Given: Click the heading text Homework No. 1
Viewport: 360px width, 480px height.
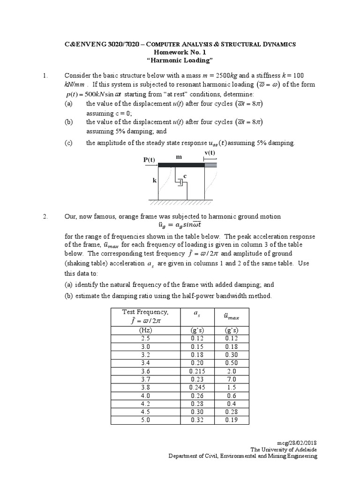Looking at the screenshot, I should [x=180, y=52].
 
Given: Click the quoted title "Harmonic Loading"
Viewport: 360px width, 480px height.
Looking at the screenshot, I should [x=180, y=61].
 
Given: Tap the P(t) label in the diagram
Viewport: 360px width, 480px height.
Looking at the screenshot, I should [x=149, y=160].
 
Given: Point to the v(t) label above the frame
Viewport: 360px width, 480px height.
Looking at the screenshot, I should [x=210, y=153].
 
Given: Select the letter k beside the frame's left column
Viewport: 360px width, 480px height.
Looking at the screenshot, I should [x=154, y=180].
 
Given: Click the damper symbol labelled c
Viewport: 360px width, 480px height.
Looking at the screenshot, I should [x=180, y=183].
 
